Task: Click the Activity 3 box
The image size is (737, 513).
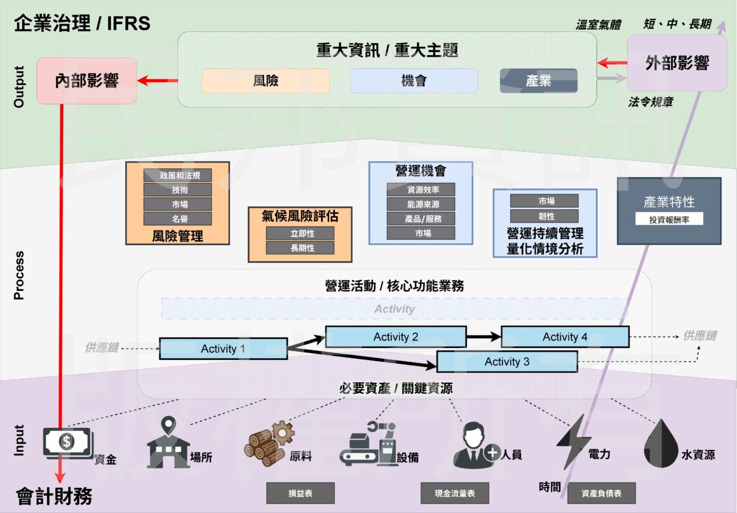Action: pos(507,362)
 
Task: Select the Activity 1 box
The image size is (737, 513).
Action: pos(223,349)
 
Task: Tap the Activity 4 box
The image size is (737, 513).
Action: pos(565,337)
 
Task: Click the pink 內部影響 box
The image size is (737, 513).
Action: pos(87,81)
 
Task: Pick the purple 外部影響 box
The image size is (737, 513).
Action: pos(677,63)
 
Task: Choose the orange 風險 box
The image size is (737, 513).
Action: pos(266,81)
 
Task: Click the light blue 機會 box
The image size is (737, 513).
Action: pos(414,81)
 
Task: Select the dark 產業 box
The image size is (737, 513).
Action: pos(538,81)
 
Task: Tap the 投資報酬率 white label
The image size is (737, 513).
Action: pos(669,219)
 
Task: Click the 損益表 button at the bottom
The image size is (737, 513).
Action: pos(300,493)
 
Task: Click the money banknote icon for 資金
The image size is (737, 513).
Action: pos(67,442)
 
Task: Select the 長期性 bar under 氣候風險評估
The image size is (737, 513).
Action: pos(300,248)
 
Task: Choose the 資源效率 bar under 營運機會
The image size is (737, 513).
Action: pos(421,189)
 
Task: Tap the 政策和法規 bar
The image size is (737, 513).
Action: pos(177,175)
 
